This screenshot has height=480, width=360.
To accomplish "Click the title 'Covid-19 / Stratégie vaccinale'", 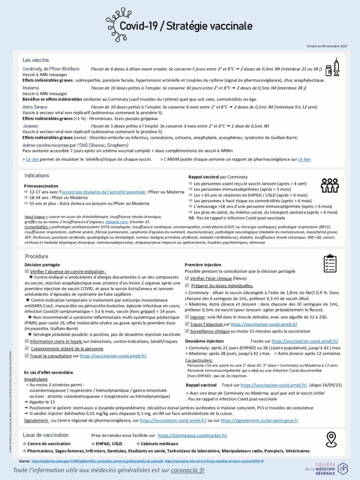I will click(186, 26).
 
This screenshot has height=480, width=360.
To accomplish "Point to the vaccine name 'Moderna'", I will click(30, 88).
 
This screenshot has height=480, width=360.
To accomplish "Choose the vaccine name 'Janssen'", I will click(30, 126).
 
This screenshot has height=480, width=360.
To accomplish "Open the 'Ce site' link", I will click(32, 159).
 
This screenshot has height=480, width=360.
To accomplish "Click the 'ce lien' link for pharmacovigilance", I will click(304, 159).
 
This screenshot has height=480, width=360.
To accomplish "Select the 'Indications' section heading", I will click(37, 175).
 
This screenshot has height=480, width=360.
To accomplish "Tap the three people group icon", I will click(330, 185).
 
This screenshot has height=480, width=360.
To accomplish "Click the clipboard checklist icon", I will click(330, 264).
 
